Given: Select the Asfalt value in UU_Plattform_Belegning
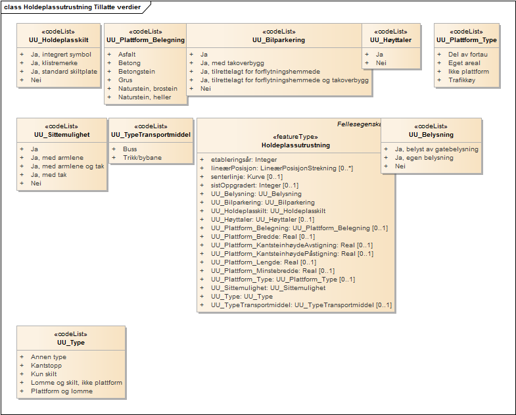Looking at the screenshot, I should pos(128,55).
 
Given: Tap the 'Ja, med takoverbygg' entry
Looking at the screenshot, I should pos(232,63).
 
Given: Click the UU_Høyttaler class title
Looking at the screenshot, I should pos(391,40).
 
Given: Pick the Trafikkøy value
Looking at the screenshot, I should pos(461,80).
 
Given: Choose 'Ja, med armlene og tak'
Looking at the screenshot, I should pos(67,166).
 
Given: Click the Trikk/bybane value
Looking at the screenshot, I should pos(142,158).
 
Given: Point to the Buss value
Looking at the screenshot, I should pos(130,149).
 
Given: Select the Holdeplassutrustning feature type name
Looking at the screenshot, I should pos(296,145).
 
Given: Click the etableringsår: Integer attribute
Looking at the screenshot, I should pos(244,160).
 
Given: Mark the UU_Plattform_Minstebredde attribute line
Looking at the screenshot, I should pos(273,271).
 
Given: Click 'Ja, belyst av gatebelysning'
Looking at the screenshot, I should pos(436,149).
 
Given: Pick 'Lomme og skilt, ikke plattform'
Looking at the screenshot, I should pos(76,383).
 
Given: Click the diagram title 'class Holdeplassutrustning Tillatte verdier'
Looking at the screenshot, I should pos(72,7).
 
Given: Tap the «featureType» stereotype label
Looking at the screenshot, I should pos(296,137).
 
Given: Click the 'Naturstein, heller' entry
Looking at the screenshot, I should pos(145,97).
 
